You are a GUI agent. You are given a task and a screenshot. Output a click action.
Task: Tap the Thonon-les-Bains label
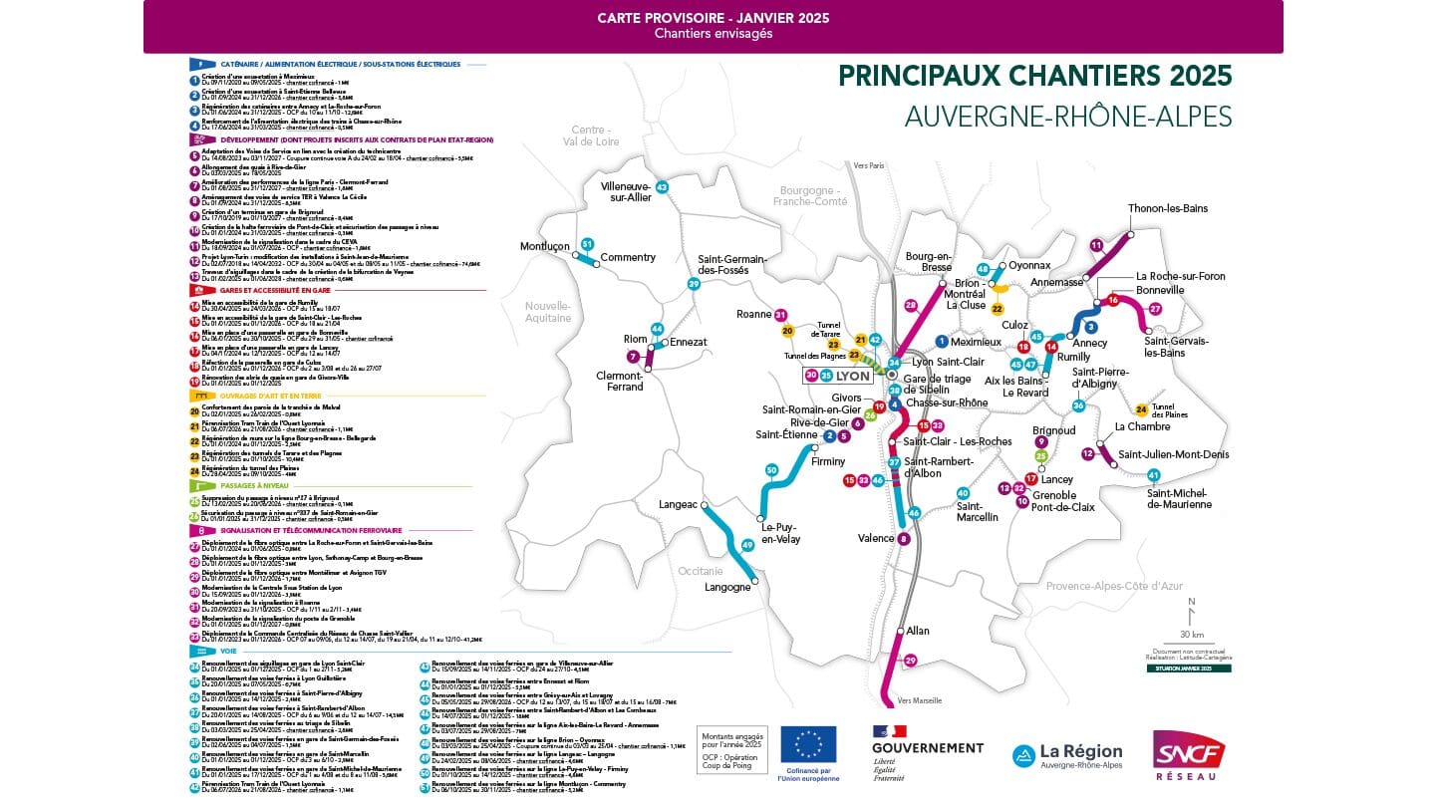tap(1167, 208)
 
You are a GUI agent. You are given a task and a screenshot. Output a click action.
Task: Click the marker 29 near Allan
tap(910, 660)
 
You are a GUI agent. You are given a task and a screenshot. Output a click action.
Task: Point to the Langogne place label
tap(728, 587)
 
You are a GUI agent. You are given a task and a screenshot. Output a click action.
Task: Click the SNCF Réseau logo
tap(1189, 754)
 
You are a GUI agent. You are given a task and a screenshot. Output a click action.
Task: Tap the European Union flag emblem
tap(808, 743)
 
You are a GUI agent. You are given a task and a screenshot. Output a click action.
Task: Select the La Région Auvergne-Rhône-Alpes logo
tap(1067, 756)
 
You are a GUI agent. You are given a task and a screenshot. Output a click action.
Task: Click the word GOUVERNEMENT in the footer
tap(927, 747)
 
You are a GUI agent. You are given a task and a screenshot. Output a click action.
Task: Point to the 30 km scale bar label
tap(1190, 634)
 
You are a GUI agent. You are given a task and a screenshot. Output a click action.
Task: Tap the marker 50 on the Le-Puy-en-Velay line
tap(770, 469)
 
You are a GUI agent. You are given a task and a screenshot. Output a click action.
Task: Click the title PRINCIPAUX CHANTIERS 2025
tap(1034, 76)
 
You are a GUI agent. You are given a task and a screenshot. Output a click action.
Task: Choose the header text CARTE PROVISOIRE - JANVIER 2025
tap(713, 18)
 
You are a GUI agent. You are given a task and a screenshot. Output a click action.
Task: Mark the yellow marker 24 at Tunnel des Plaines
tap(1141, 409)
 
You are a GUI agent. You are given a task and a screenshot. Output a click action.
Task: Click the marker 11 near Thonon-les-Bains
tap(1096, 244)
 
